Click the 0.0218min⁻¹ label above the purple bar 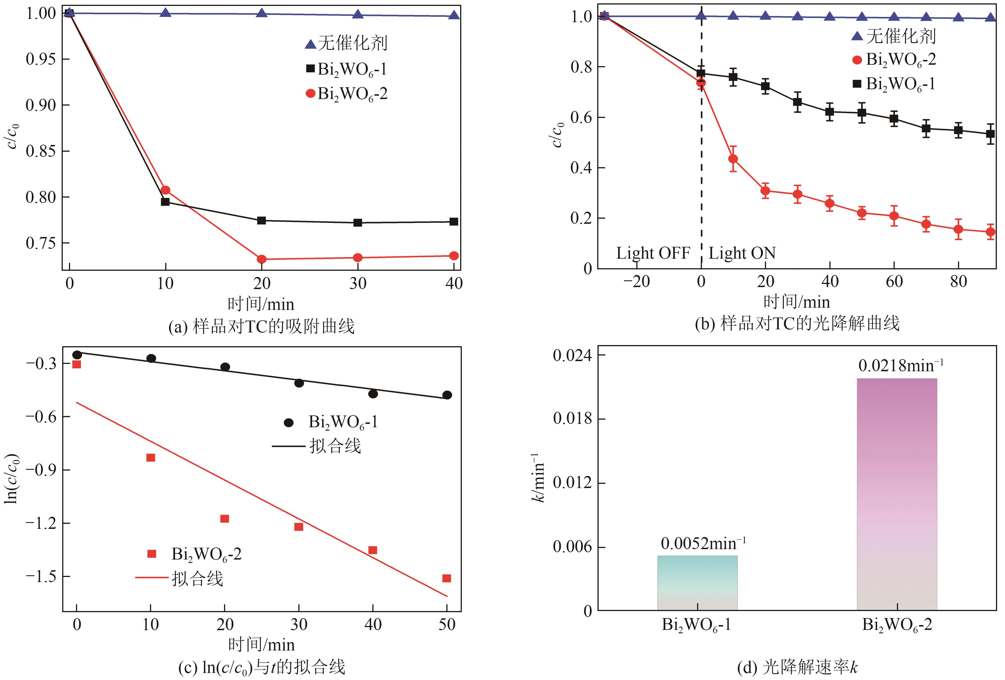[900, 366]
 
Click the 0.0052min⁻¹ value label [703, 543]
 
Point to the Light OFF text [653, 253]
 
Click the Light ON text [742, 253]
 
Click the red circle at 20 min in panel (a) [261, 259]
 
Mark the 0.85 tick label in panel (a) [41, 151]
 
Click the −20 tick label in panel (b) [637, 282]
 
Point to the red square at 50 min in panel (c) [447, 578]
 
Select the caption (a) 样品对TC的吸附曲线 [261, 326]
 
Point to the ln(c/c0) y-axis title [12, 478]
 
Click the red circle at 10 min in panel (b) [733, 159]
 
